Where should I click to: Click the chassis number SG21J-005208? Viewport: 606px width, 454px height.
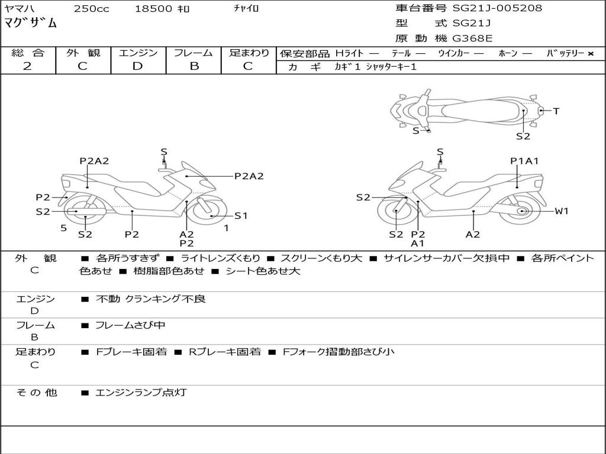(497, 8)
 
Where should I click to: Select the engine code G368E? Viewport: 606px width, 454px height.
(473, 38)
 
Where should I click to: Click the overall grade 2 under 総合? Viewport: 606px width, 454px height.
(27, 66)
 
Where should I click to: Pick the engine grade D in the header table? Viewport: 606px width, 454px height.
(138, 66)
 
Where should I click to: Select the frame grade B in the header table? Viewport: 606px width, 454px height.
(194, 66)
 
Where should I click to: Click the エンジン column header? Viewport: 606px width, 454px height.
(138, 53)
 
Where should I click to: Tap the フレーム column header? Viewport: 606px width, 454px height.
(194, 53)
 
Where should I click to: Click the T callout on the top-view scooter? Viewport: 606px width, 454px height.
(556, 111)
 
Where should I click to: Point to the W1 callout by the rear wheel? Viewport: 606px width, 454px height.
(562, 211)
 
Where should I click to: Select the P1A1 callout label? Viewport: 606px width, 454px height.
(524, 161)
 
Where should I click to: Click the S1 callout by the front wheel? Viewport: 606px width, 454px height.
(241, 216)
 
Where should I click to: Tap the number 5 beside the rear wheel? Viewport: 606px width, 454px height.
(63, 228)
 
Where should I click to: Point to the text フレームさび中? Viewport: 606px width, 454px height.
(130, 325)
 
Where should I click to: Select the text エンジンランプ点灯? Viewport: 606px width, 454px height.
(141, 392)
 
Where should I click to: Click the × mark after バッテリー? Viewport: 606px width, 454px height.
(591, 53)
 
